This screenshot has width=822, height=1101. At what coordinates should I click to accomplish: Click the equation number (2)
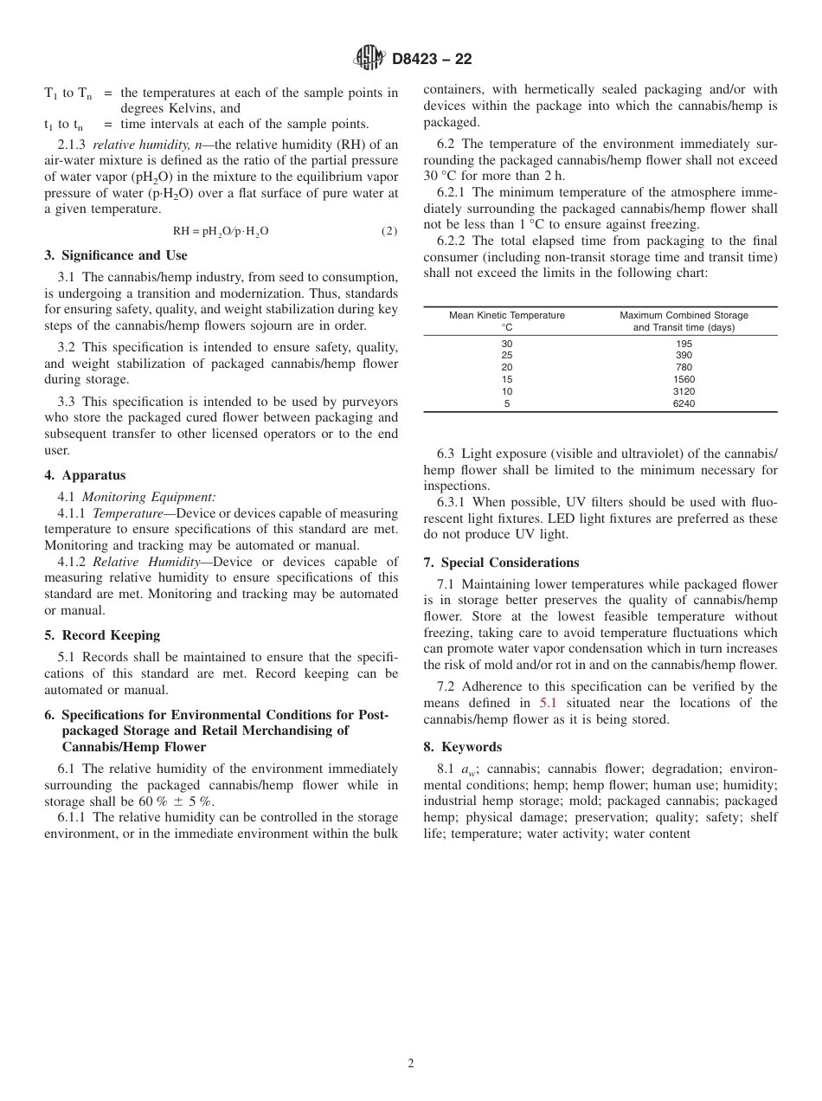click(389, 231)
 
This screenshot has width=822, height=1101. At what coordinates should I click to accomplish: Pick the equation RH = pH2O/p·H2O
click(220, 231)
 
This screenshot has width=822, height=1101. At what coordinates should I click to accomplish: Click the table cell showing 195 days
click(684, 344)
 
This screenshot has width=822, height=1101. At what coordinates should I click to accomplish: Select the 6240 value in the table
click(684, 403)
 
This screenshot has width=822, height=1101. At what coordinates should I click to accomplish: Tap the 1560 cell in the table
click(684, 379)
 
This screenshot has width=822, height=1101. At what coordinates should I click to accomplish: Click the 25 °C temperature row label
click(506, 356)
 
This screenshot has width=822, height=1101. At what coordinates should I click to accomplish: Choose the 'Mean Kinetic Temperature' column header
click(506, 315)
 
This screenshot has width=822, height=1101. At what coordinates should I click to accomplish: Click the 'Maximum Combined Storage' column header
click(684, 315)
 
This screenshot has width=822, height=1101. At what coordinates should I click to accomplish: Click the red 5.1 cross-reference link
click(548, 703)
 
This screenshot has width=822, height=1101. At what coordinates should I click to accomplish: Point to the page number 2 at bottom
click(411, 1064)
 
